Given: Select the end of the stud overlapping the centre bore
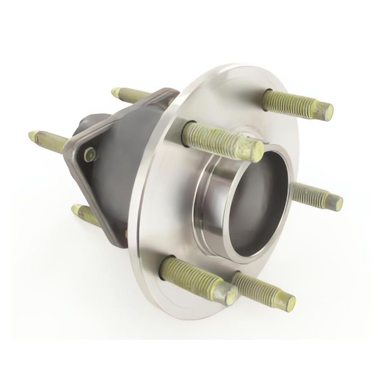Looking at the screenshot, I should tap(255, 150).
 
